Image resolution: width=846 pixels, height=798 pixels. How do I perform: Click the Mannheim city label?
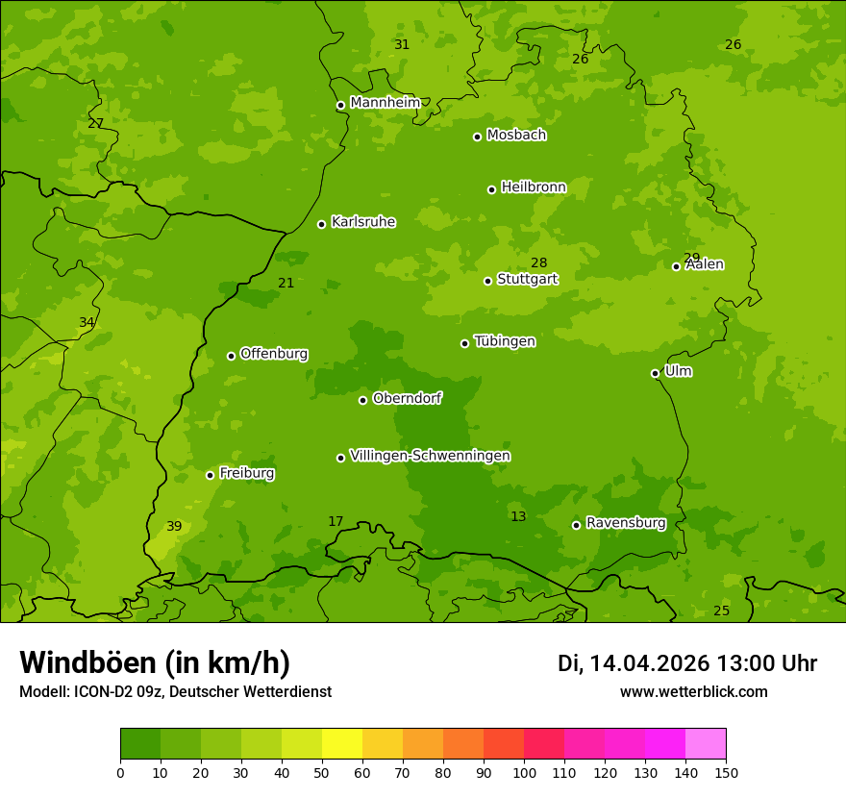tap(385, 103)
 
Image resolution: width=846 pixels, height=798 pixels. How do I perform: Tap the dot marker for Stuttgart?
tap(487, 281)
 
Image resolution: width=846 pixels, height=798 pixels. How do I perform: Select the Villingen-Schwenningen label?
tap(430, 456)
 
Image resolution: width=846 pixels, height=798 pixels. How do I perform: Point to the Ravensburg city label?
tap(625, 523)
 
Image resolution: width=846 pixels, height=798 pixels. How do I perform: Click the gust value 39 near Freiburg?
tap(174, 526)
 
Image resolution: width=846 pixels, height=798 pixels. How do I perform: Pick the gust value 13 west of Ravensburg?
tap(518, 516)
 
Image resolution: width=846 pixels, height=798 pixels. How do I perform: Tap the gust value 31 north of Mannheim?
tap(402, 44)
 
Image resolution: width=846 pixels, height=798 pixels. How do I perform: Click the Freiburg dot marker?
tap(210, 475)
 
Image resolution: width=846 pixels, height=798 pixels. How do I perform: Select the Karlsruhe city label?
tap(362, 222)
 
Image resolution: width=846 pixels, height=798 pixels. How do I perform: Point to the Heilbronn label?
tap(534, 187)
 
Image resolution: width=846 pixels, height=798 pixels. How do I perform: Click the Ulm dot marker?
tap(655, 373)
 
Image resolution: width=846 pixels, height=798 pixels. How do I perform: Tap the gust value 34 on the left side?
tap(87, 322)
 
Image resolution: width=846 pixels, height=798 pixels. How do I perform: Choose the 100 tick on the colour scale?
tap(524, 772)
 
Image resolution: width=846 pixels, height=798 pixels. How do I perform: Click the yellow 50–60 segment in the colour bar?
tap(342, 744)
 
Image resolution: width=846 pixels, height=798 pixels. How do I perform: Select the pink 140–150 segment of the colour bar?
tap(706, 744)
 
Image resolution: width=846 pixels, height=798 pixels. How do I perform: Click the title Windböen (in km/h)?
tap(154, 662)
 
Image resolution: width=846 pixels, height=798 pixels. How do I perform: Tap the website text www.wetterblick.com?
tap(693, 692)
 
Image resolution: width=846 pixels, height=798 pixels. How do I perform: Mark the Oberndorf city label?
tap(407, 398)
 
